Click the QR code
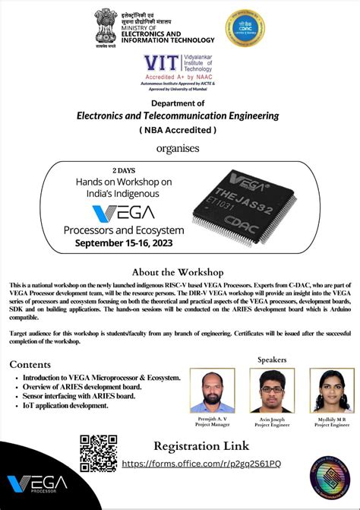(99, 454)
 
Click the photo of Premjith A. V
(212, 391)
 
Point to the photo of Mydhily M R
(332, 391)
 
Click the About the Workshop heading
(179, 271)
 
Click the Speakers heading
(272, 359)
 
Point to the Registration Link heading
(201, 446)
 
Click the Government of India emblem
(106, 27)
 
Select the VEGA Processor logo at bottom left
(37, 484)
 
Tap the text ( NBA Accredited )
(178, 130)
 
